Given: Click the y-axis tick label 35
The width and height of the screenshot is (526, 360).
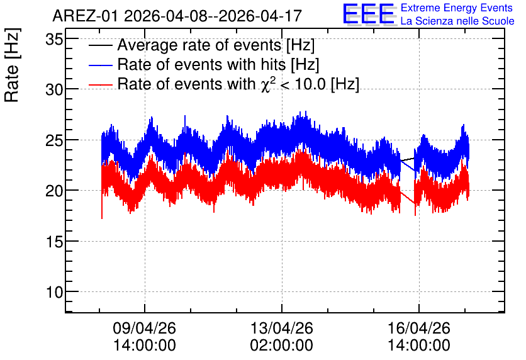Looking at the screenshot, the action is point(54,40).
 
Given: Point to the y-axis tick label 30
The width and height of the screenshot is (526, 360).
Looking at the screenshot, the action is point(54,90).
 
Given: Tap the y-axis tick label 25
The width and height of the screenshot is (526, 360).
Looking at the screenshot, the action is point(54,140).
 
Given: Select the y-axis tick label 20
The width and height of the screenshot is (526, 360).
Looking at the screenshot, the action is point(54,191).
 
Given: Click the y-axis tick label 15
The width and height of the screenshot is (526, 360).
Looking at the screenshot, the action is point(54,242).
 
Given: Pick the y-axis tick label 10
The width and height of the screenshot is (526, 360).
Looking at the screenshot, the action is point(54,293).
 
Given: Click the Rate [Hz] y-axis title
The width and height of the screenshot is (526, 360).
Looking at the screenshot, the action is point(13,65).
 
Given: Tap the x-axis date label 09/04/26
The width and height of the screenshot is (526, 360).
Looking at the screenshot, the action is point(144,328).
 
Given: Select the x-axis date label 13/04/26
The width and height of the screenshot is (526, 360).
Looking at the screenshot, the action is point(282,328).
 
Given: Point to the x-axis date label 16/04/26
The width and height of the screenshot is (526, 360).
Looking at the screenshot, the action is point(419,328).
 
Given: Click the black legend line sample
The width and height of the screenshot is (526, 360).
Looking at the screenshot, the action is point(100,45).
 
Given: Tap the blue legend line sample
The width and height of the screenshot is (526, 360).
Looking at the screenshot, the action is point(100,65).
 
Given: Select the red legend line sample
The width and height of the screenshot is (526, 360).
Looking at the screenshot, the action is point(100,84).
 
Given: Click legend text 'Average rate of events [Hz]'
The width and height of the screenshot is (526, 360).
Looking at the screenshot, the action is point(216,45).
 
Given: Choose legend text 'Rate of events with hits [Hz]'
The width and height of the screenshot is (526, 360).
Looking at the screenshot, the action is point(218,65).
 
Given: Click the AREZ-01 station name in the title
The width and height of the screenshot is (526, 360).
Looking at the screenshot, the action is point(86,16).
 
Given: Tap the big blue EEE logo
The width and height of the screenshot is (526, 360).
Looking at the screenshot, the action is point(369,14).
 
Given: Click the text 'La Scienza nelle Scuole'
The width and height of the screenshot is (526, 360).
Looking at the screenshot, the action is point(457,21).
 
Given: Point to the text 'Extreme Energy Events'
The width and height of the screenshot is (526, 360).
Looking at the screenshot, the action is point(457,8).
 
